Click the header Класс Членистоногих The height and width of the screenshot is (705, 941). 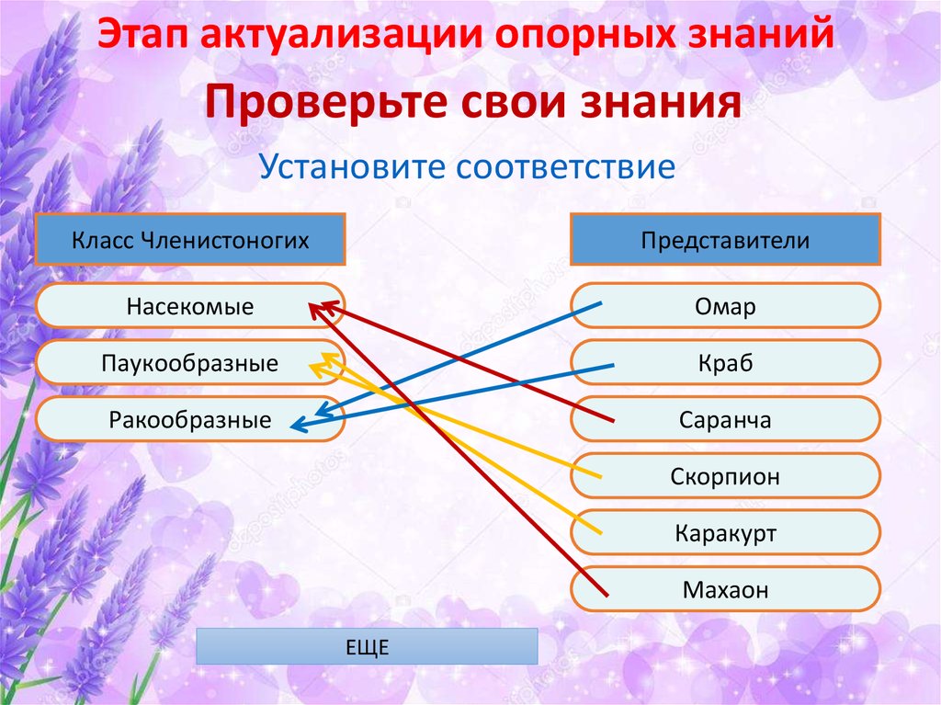coord(190,241)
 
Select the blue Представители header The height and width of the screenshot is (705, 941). coord(726,241)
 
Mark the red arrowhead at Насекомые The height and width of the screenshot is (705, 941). coord(317,310)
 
